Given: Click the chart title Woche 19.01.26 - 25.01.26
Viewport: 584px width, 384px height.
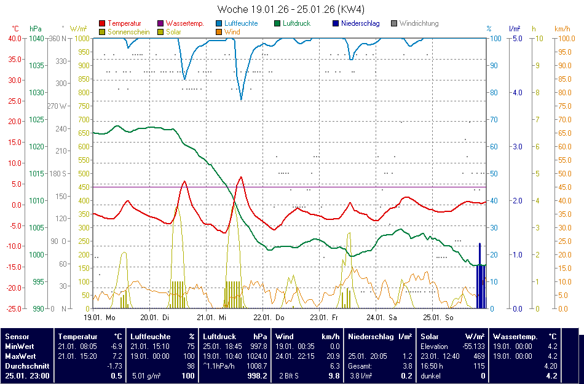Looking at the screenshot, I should point(291,9).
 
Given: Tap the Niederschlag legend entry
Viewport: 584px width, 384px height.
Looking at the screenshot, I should point(360,23).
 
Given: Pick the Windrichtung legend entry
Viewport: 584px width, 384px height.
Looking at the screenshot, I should point(419,23).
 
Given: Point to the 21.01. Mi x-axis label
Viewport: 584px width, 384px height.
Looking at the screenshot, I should point(211,318).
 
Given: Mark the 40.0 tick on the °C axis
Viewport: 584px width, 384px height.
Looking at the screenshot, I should point(15,38).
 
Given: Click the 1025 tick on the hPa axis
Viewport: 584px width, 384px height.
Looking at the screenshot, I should point(36,119).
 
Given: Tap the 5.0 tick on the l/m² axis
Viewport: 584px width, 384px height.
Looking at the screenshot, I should point(517,38).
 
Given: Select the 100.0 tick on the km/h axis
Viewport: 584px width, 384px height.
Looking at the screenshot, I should point(566,38).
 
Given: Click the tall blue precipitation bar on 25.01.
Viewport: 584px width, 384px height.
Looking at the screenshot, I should point(480,275).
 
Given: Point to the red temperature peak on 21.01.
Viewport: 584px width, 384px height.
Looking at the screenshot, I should point(241,178).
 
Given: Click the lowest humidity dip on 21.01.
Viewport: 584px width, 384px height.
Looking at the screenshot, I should point(241,99).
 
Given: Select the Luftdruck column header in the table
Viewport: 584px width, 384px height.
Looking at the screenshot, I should point(219,336).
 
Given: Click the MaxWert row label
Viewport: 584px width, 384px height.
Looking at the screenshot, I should point(20,356).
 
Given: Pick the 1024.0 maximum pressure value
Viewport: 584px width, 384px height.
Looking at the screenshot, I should point(256,356).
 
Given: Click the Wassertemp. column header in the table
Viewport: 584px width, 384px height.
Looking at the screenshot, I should point(515,336).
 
